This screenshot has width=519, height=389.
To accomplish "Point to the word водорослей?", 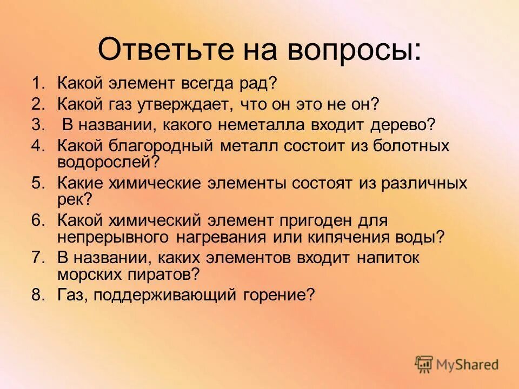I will pyautogui.click(x=108, y=161).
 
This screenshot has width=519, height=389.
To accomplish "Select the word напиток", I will pyautogui.click(x=388, y=258).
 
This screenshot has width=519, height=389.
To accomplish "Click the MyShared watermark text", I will pyautogui.click(x=468, y=364).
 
